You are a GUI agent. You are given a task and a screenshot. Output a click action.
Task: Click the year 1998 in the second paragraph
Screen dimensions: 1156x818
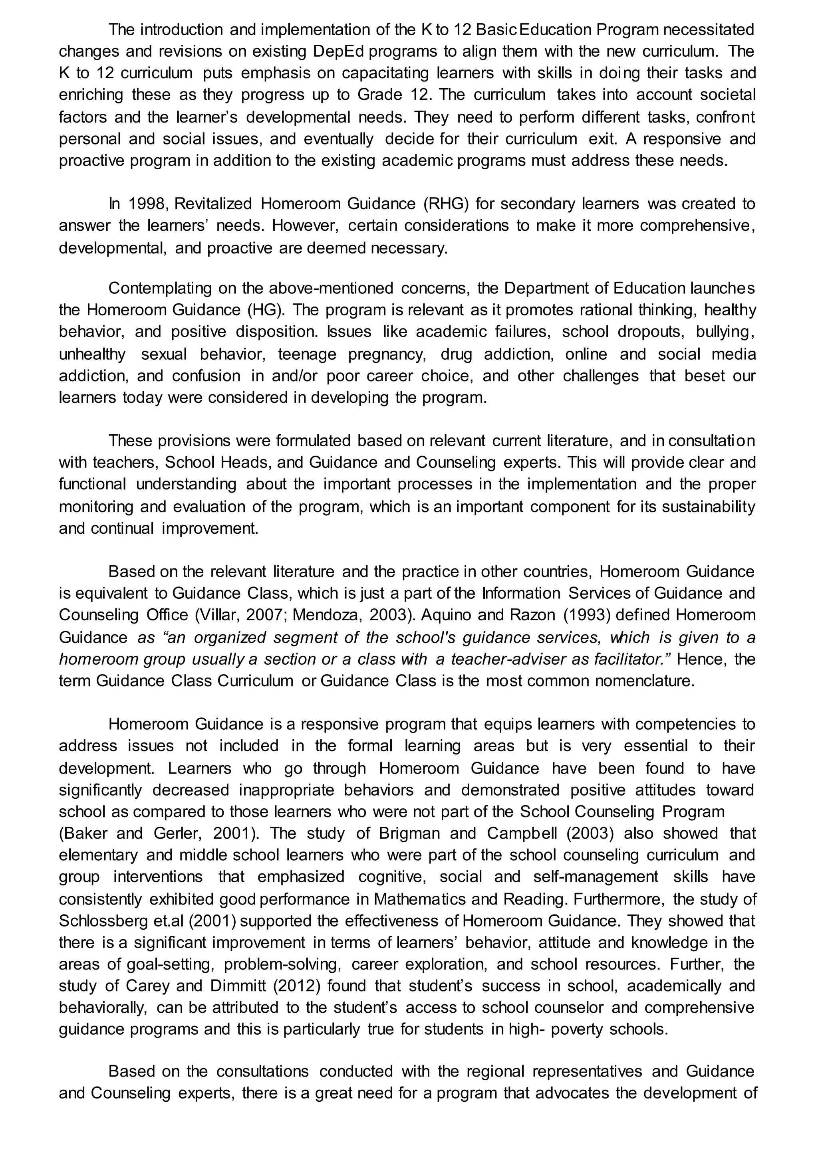pos(143,204)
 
